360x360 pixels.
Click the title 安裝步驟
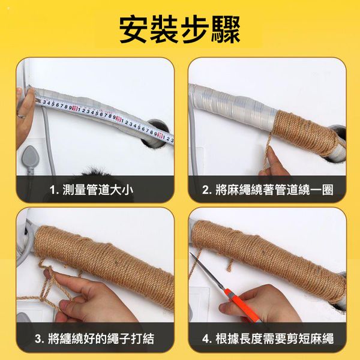point(180,29)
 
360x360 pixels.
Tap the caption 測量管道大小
point(98,190)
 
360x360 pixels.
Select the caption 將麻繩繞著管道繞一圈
point(274,190)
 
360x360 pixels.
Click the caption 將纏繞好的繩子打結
point(101,338)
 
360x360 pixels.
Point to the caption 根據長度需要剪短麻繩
point(274,338)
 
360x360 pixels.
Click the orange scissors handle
point(241,304)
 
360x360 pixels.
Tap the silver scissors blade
point(206,270)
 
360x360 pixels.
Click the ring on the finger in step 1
point(20,115)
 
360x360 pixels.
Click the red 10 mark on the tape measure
point(74,108)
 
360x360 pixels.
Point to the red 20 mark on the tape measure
point(118,119)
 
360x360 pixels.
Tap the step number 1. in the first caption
point(55,190)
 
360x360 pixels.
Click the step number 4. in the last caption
point(207,339)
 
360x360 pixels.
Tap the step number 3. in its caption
point(40,339)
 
